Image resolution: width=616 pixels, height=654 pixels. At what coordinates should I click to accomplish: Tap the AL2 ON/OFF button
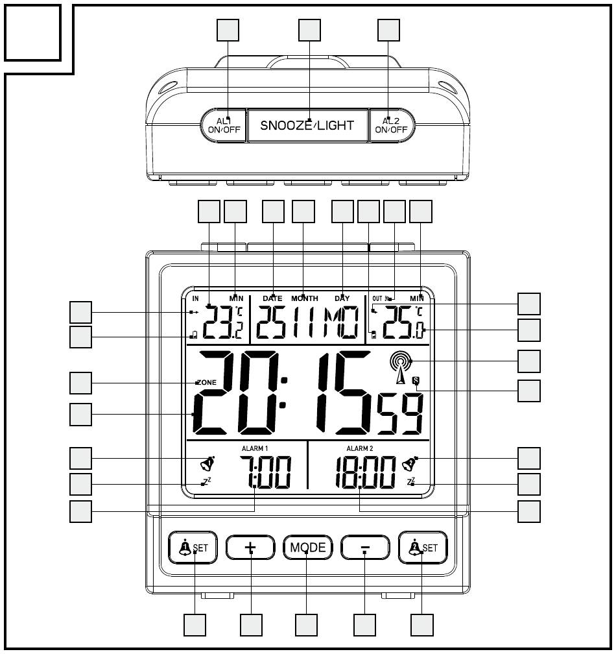392,125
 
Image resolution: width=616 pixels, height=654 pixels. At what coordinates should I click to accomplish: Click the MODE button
308,548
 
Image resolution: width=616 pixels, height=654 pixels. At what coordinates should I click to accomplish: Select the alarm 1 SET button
193,548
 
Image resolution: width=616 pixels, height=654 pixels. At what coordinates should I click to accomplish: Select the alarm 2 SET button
422,548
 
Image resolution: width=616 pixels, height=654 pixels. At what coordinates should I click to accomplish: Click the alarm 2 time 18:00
366,472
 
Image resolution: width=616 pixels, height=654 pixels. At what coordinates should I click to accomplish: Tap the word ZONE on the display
206,383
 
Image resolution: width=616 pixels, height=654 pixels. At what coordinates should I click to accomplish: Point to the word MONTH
304,298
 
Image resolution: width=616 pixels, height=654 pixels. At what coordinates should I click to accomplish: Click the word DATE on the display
272,298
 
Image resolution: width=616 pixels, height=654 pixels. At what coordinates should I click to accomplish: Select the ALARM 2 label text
360,448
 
